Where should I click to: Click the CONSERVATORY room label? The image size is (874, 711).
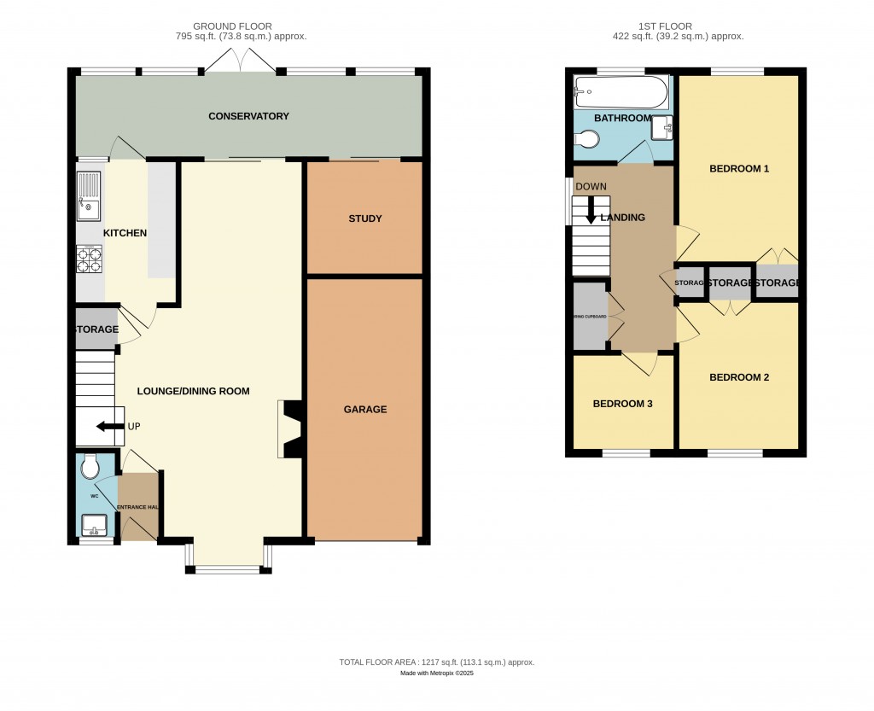248,116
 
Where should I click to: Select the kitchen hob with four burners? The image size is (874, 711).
89,259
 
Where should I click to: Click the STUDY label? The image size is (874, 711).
365,219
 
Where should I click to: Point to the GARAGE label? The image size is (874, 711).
365,409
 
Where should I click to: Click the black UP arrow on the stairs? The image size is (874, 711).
108,426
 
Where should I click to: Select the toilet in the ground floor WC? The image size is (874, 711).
90,467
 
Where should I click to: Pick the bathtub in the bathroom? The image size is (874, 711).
621,90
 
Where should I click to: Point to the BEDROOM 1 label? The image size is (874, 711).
739,168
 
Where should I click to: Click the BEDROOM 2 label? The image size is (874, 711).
739,376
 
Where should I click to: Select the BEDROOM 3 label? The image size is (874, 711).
622,403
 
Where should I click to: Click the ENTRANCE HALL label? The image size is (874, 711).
139,507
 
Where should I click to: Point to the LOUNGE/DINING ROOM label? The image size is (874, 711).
194,391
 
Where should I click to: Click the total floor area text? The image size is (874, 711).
436,661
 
